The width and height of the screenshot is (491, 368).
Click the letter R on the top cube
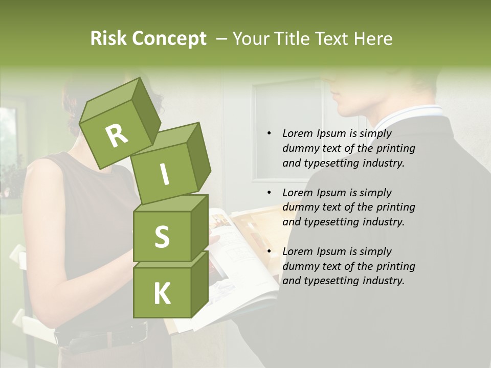coord(117,136)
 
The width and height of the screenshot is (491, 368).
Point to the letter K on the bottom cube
coord(162,294)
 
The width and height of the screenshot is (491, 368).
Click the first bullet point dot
coord(270,134)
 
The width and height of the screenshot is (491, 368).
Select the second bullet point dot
coord(270,193)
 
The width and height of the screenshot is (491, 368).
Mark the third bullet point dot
coord(270,251)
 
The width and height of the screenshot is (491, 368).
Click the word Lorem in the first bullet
coord(298,134)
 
